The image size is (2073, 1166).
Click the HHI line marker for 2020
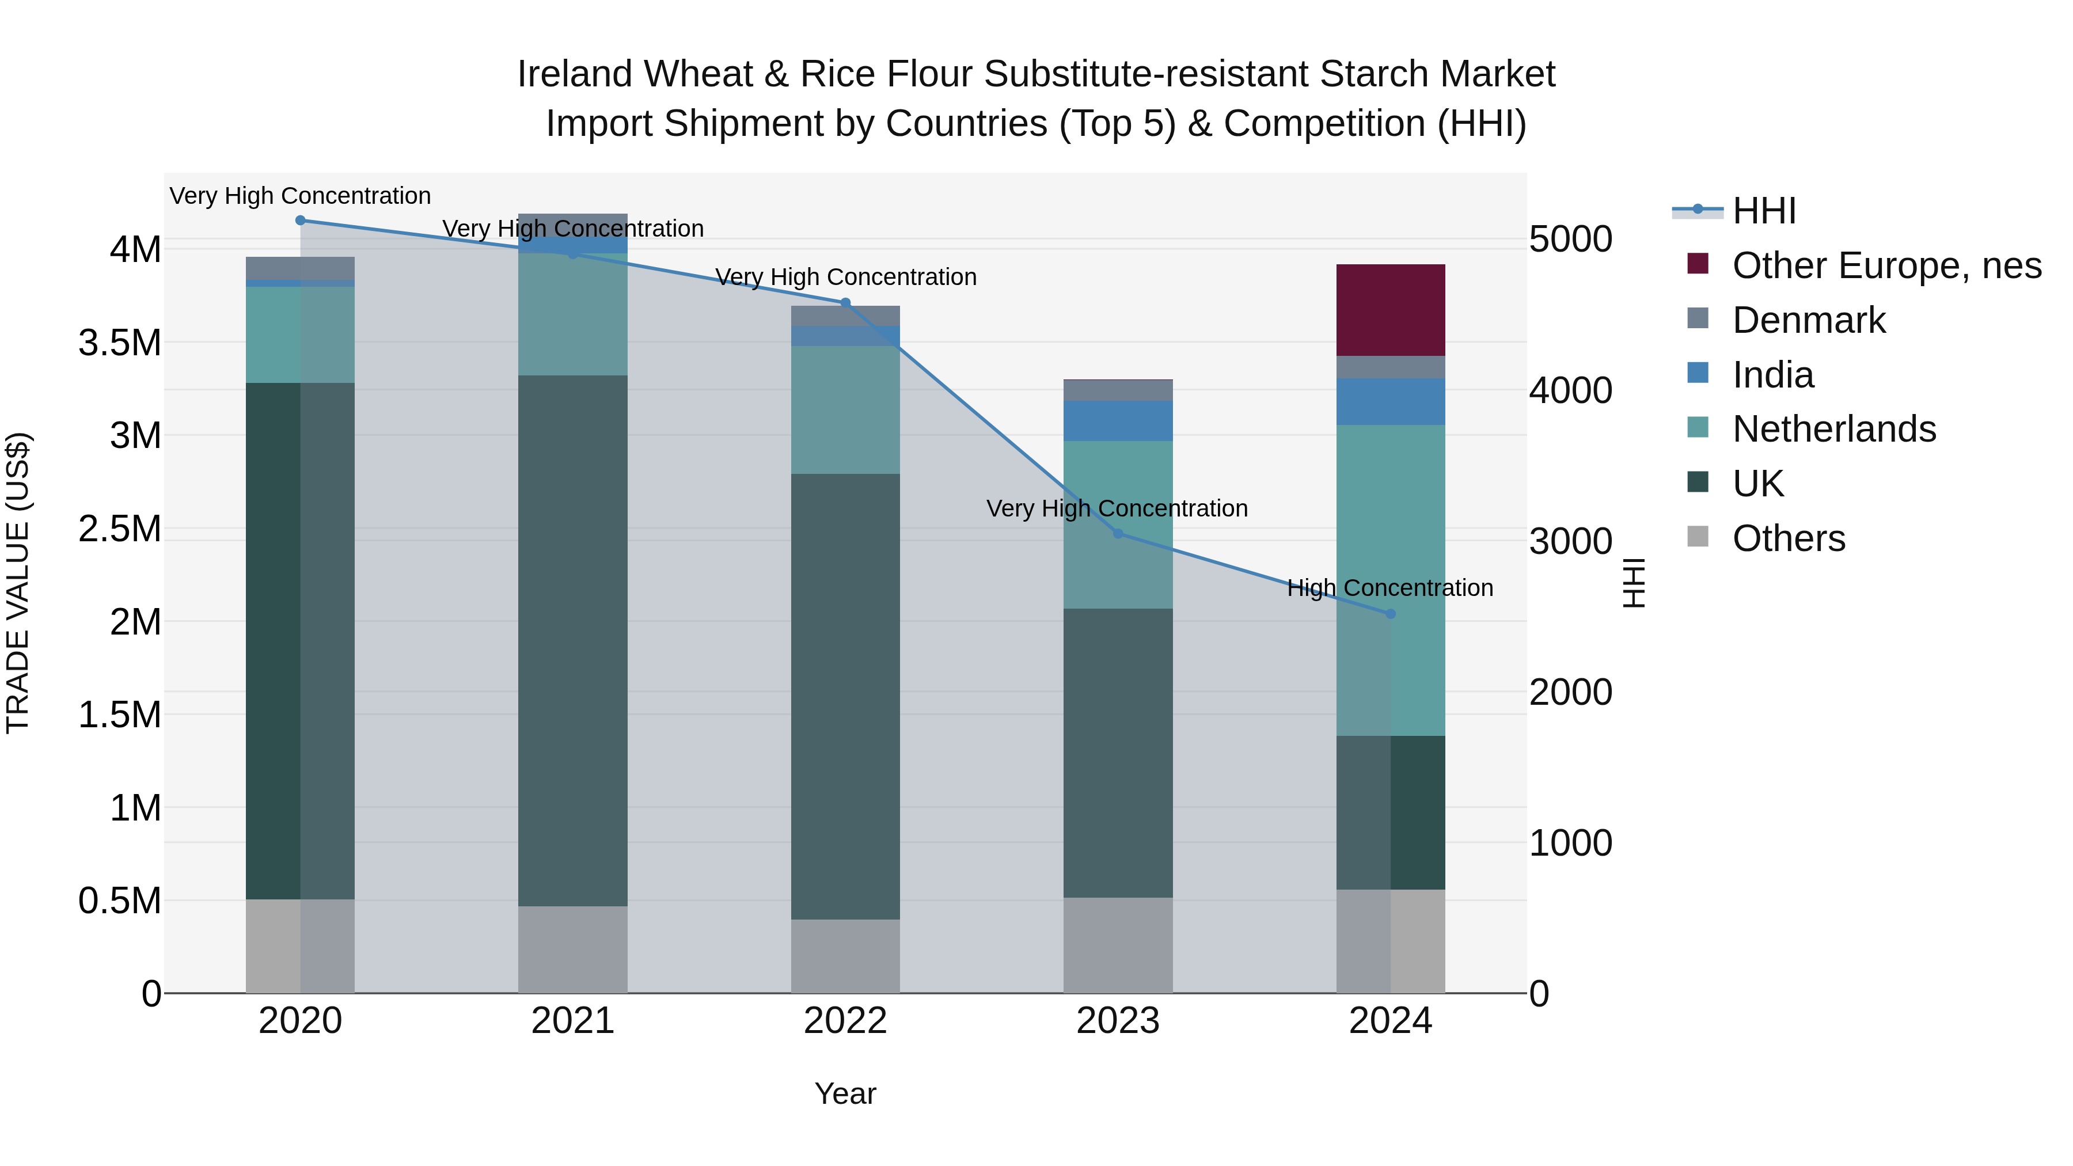tap(300, 220)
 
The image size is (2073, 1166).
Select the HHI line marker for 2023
tap(1118, 534)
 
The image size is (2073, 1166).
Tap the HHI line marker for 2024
tap(1391, 614)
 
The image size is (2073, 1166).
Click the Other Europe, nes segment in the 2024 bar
tap(1391, 310)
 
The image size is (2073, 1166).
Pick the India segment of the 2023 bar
tap(1118, 420)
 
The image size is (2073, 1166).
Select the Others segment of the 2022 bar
tap(845, 956)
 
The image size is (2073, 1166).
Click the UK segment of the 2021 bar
tap(572, 640)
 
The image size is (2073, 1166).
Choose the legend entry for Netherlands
tap(1833, 429)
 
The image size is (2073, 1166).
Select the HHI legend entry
tap(1763, 211)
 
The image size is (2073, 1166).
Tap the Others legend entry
tap(1788, 538)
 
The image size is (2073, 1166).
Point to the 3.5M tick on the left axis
tap(120, 343)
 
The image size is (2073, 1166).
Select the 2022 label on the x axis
tap(845, 1021)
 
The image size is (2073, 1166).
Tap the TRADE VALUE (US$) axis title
tap(18, 583)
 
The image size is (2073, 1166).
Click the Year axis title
tap(845, 1093)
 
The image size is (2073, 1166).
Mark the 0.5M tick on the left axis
tap(120, 901)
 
